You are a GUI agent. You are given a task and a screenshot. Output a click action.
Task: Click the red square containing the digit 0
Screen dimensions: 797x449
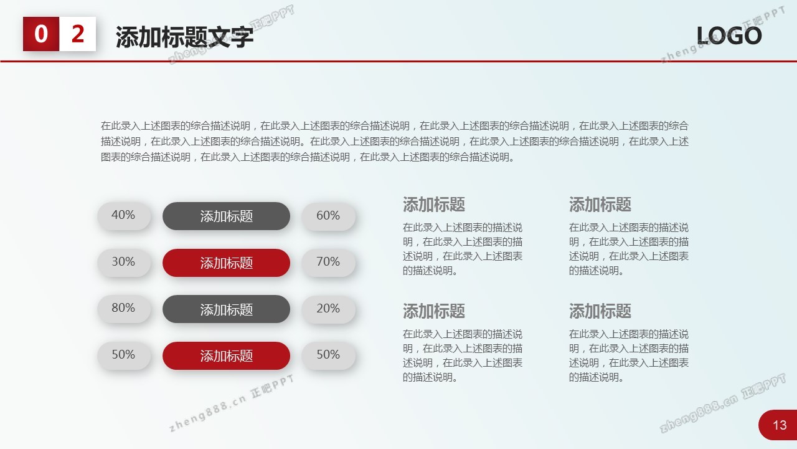[x=41, y=34]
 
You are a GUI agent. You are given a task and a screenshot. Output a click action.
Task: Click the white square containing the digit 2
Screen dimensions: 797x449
[x=78, y=34]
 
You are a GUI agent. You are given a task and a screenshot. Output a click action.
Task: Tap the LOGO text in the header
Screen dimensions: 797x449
[x=729, y=36]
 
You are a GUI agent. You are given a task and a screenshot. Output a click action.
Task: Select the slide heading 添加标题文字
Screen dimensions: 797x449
[x=184, y=37]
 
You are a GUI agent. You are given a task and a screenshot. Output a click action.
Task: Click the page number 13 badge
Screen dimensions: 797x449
[x=778, y=425]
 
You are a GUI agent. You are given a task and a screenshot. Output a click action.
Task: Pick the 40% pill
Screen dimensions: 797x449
[x=124, y=216]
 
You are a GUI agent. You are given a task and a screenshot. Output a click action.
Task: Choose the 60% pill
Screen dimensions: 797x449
[x=328, y=216]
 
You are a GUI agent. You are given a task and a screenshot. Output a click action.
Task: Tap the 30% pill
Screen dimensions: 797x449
[x=124, y=263]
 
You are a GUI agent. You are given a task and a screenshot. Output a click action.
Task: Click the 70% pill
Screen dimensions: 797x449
[x=328, y=263]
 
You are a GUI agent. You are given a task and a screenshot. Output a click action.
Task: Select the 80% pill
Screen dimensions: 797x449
[x=124, y=309]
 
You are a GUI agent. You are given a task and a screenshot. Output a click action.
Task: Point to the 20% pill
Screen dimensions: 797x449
[x=328, y=309]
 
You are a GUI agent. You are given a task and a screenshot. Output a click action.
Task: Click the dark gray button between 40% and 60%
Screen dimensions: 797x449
[x=226, y=216]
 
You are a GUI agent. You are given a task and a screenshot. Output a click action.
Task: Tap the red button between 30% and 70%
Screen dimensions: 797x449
[x=226, y=263]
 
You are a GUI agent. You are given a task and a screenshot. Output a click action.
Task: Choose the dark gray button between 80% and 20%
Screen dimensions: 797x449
[x=226, y=309]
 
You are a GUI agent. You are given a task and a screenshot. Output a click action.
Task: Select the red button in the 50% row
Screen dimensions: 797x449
[x=226, y=355]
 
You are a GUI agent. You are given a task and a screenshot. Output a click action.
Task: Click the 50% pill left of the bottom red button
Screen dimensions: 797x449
[x=124, y=355]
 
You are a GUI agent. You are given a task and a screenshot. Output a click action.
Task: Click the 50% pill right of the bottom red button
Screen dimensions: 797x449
[x=328, y=355]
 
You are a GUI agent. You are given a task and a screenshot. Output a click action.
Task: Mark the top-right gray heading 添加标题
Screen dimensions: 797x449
[x=600, y=205]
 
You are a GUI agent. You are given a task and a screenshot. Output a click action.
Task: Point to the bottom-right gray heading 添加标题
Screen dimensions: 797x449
[x=600, y=311]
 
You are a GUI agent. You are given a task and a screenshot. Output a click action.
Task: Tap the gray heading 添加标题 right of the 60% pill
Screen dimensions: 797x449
[x=434, y=205]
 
